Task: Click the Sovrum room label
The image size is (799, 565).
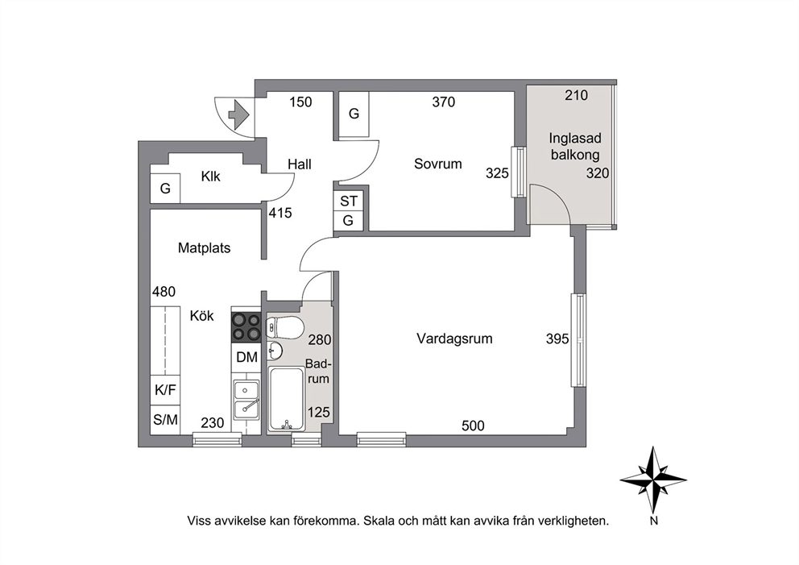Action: [437, 164]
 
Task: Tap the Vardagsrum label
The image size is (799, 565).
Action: [454, 339]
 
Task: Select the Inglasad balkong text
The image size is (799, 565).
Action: [575, 147]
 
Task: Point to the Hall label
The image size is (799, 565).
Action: [299, 164]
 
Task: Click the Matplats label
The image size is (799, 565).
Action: [204, 247]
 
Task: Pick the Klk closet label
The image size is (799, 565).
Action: [210, 177]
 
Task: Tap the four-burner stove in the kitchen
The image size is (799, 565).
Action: [246, 327]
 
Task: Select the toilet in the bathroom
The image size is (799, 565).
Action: [284, 327]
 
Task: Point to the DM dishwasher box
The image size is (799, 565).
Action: [246, 357]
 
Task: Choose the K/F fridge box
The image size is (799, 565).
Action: [165, 390]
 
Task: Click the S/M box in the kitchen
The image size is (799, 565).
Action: [165, 420]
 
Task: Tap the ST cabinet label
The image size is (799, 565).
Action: [349, 201]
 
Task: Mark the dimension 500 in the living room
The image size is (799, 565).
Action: [473, 426]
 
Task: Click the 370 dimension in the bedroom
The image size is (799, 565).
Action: [443, 102]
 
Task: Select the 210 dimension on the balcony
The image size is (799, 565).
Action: [577, 95]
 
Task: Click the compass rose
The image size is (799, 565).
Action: [652, 480]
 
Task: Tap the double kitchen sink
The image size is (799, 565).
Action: [246, 399]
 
